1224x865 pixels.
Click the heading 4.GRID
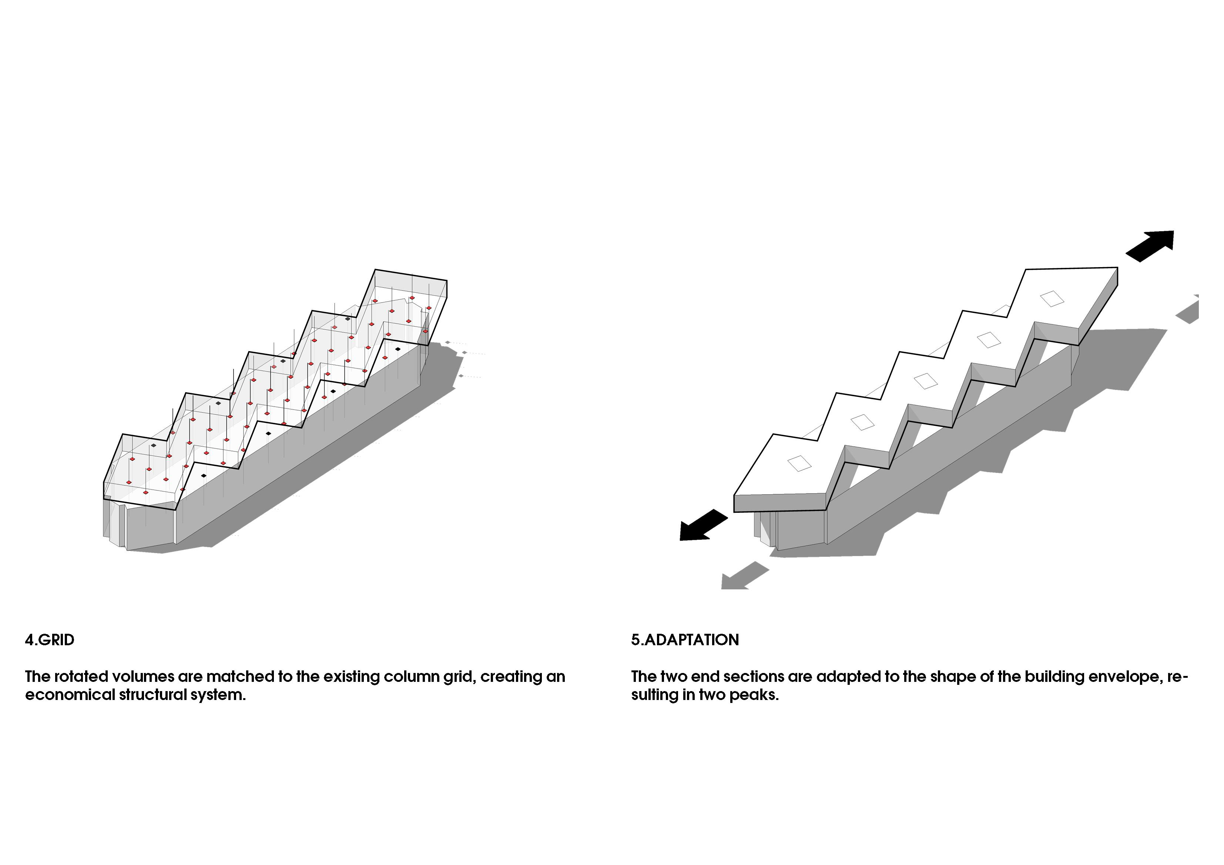tap(50, 640)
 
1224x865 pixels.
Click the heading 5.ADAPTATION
tap(685, 640)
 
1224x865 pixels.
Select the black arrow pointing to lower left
tap(703, 525)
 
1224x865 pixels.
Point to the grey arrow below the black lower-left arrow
tap(745, 576)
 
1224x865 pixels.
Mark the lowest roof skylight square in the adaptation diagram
tap(799, 463)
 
